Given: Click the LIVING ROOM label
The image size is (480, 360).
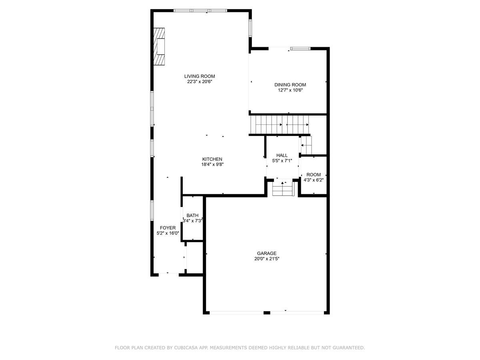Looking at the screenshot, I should [x=199, y=76].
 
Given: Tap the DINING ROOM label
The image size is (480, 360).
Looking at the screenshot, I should [x=290, y=85].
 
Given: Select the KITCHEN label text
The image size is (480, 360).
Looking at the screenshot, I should [x=212, y=159].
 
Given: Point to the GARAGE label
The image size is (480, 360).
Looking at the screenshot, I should [x=266, y=253].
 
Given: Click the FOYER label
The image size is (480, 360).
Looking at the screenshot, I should [x=168, y=228].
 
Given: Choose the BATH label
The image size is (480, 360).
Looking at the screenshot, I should [x=192, y=216].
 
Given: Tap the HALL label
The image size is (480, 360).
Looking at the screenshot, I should [x=282, y=156].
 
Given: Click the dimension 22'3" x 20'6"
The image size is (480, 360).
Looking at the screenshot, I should [x=199, y=82].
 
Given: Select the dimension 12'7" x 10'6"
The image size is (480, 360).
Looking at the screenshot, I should [x=290, y=90].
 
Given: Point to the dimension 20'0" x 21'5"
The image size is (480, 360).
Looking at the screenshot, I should [x=266, y=259].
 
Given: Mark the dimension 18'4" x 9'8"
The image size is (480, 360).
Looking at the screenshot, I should [x=212, y=164].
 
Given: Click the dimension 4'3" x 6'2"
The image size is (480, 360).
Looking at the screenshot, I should [x=314, y=180].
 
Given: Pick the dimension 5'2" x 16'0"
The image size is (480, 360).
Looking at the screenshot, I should [x=168, y=233].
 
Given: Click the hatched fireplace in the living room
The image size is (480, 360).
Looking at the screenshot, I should [x=160, y=46].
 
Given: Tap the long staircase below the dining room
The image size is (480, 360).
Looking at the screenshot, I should [x=280, y=124].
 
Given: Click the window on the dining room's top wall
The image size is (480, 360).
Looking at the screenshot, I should [x=300, y=49].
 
